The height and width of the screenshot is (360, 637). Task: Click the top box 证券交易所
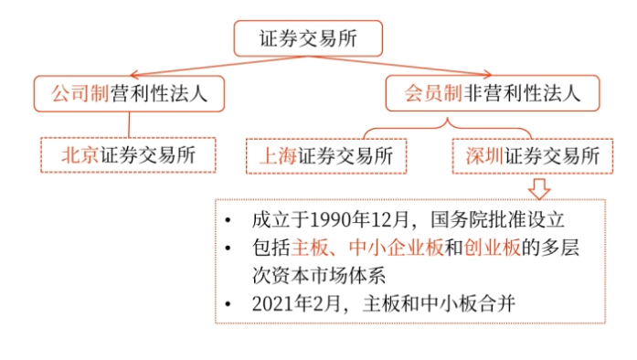click(x=307, y=37)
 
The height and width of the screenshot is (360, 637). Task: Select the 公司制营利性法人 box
click(x=128, y=93)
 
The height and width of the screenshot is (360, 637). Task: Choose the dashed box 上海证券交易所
click(x=325, y=155)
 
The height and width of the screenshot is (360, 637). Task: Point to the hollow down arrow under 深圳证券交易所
click(x=540, y=187)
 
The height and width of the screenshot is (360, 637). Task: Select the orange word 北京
click(x=80, y=154)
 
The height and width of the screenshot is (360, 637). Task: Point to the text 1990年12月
click(x=347, y=220)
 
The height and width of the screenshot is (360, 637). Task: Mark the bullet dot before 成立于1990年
click(x=228, y=221)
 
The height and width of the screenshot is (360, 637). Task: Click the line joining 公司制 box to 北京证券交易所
click(x=129, y=123)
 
